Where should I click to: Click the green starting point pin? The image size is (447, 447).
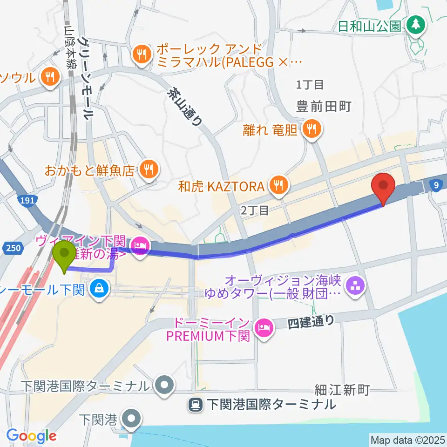point(64,254)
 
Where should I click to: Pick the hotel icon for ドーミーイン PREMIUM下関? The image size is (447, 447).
point(263,329)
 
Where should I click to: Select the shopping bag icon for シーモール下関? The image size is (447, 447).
point(100,290)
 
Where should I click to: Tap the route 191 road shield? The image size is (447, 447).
point(27,201)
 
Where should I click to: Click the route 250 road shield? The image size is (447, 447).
point(14,248)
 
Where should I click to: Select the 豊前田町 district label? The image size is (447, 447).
point(324,107)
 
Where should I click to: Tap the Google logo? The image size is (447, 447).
point(31,436)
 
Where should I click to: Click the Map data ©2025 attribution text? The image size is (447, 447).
point(407,440)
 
